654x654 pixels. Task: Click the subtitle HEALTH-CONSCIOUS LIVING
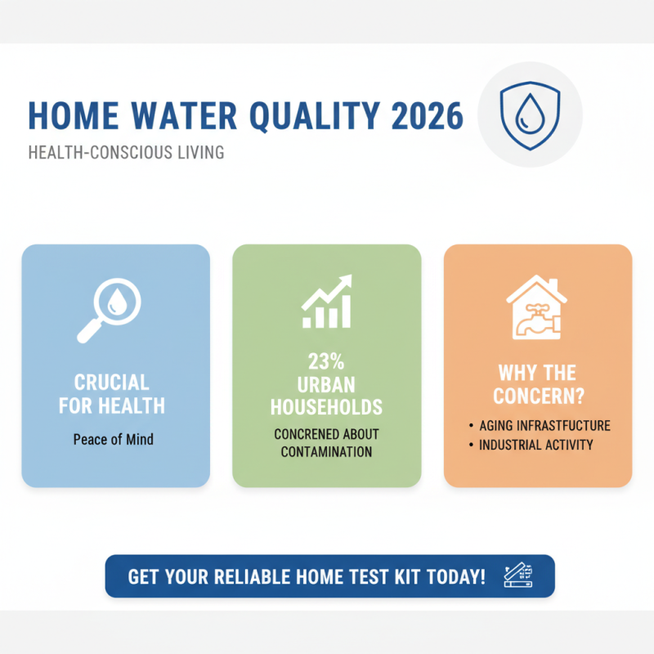126,153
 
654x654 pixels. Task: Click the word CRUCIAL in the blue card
112,383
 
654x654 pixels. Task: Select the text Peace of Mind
114,439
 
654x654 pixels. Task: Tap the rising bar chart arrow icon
326,302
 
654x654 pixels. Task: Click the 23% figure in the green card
327,362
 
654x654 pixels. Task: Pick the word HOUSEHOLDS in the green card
327,405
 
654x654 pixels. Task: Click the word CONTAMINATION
327,452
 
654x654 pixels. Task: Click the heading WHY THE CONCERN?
537,384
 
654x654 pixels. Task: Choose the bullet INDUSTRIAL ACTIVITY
536,446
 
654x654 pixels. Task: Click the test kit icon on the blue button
520,576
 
